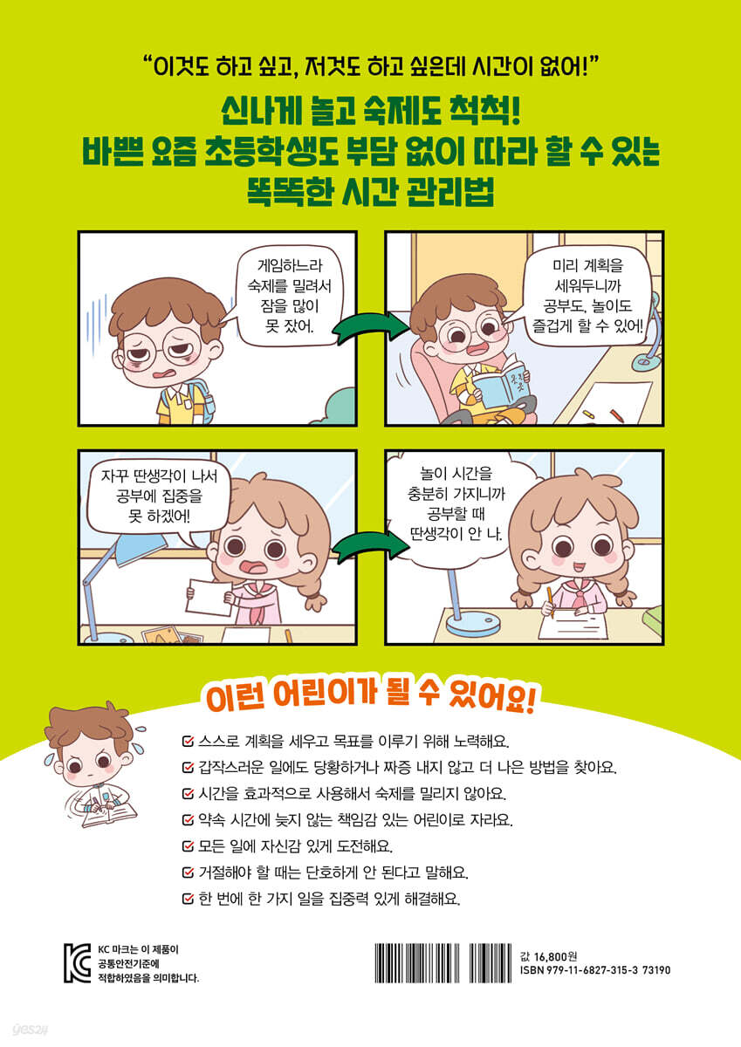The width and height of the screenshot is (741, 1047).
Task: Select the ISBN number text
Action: tap(594, 970)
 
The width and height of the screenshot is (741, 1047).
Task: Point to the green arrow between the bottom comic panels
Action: tap(370, 547)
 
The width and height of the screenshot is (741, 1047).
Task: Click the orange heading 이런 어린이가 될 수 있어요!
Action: tap(369, 698)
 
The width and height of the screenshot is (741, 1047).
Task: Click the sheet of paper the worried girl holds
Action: tap(209, 599)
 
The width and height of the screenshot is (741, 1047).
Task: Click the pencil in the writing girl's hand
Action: tap(550, 604)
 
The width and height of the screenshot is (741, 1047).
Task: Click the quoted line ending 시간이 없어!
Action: tap(371, 67)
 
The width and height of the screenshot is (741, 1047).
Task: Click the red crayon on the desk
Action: tap(617, 414)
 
